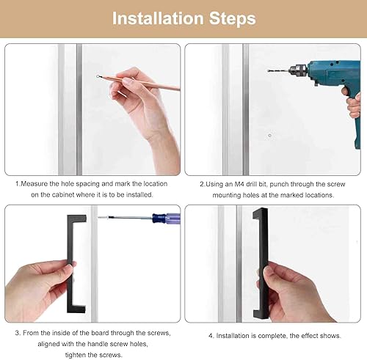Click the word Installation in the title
[x=158, y=18]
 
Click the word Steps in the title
[x=233, y=19]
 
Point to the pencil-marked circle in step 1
[x=98, y=76]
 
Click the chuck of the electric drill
[x=298, y=70]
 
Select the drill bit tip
[x=269, y=70]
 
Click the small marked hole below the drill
[x=269, y=136]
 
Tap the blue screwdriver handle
[x=167, y=218]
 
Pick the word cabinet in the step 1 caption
[x=63, y=195]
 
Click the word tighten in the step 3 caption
[x=75, y=355]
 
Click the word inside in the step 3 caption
[x=62, y=333]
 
